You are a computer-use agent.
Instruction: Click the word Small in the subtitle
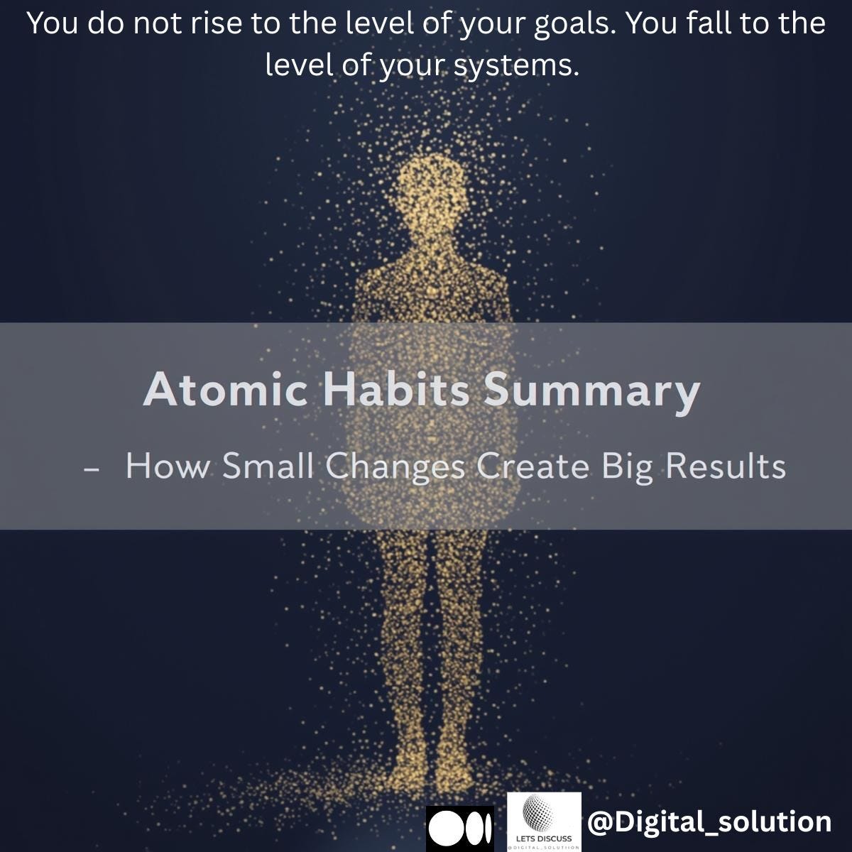(266, 466)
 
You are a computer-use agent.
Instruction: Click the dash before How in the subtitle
(90, 469)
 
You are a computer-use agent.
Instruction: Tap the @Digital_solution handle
(709, 822)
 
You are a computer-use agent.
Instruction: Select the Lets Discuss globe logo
(544, 821)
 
